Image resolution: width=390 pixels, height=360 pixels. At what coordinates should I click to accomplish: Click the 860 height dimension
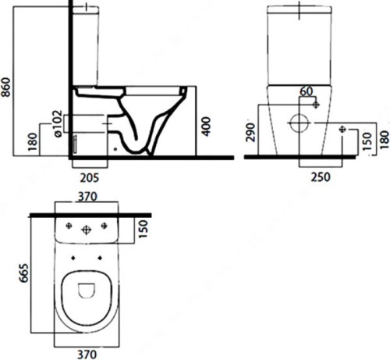[6, 87]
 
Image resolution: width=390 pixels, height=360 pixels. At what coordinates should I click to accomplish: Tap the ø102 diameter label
[58, 124]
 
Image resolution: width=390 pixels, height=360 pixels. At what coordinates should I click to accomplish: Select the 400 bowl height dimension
[207, 127]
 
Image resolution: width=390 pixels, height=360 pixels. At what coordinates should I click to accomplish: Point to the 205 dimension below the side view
[90, 178]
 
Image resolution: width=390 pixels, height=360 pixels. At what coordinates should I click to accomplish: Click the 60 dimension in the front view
[306, 91]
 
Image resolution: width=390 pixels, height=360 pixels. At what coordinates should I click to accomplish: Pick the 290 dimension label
[250, 132]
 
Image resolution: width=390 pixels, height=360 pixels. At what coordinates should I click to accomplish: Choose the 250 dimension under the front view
[321, 177]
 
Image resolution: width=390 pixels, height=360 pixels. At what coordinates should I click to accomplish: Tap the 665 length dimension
[23, 273]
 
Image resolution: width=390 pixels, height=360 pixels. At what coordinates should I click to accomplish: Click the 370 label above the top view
[87, 197]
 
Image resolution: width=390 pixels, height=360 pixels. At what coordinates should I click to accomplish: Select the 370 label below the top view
[87, 355]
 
